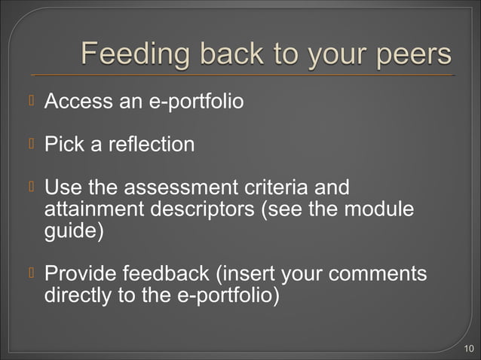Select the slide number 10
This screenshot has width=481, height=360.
pyautogui.click(x=469, y=348)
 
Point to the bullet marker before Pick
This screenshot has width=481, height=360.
pyautogui.click(x=32, y=143)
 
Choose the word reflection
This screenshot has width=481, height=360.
pyautogui.click(x=152, y=143)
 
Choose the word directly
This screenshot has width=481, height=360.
pyautogui.click(x=78, y=294)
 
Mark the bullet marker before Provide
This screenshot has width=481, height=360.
pyautogui.click(x=32, y=273)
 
